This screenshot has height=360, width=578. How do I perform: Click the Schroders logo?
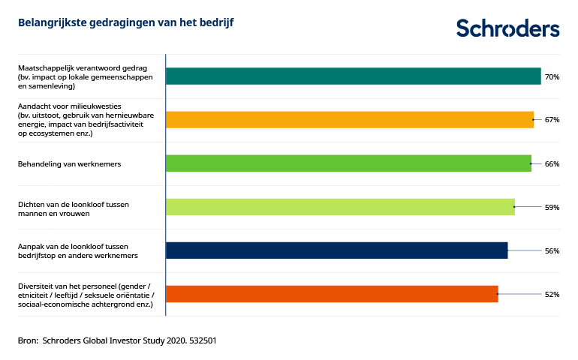(508, 28)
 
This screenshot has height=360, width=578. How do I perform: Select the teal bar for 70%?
(353, 76)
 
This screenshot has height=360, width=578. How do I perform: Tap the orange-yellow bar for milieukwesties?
(349, 120)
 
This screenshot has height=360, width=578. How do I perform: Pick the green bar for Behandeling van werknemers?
(348, 163)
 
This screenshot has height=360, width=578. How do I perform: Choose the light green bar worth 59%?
(340, 207)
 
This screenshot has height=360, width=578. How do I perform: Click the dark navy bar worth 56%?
(336, 250)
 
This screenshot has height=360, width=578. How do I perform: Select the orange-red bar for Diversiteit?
(331, 294)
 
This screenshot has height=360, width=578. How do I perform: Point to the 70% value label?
(552, 76)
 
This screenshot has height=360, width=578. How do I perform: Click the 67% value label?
(552, 120)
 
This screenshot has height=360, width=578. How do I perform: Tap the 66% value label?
(552, 163)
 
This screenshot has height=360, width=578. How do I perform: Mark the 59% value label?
(552, 207)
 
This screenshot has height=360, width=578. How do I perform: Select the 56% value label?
(552, 250)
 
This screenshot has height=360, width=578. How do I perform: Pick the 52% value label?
(552, 294)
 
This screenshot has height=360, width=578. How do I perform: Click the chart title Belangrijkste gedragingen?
(126, 23)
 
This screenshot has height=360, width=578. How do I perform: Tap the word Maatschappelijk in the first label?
(43, 68)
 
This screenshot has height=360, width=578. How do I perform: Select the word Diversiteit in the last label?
(36, 285)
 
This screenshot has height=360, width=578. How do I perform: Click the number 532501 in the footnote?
(202, 340)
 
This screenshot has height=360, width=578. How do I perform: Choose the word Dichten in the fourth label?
(31, 203)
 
